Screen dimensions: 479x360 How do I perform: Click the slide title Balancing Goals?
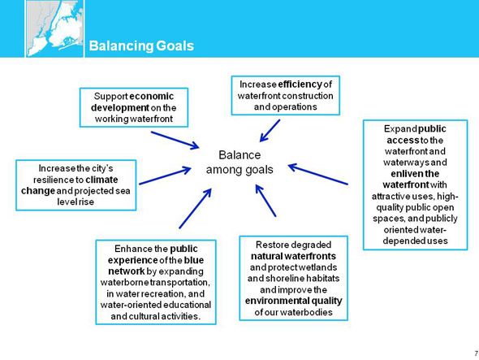[x=141, y=46]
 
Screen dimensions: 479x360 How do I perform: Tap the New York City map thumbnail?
[x=54, y=28]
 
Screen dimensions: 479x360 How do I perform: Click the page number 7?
[x=477, y=353]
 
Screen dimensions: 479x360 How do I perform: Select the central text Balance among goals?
[x=239, y=162]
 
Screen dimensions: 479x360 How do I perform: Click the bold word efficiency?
[x=300, y=85]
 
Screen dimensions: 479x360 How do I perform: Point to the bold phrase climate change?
[x=70, y=184]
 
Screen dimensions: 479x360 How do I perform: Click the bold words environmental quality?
[x=293, y=301]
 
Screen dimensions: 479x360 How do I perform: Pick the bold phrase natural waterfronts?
[x=293, y=256]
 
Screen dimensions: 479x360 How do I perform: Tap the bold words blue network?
[x=156, y=266]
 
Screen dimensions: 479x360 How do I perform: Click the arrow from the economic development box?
[x=175, y=141]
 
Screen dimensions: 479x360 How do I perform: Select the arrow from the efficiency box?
[x=270, y=131]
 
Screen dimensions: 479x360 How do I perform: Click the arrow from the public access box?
[x=318, y=175]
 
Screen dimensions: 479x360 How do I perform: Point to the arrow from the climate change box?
[x=165, y=176]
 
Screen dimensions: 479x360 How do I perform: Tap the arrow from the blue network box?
[x=195, y=209]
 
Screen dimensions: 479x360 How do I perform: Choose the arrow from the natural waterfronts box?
[x=265, y=201]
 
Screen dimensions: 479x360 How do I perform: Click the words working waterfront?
[x=134, y=119]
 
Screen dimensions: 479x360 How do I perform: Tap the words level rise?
[x=76, y=202]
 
